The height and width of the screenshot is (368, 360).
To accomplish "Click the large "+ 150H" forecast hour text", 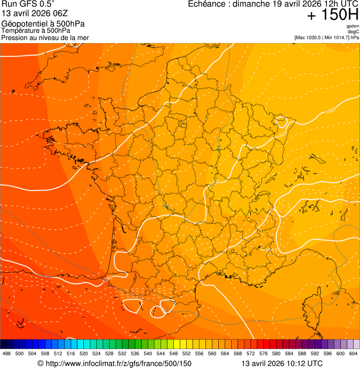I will pyautogui.click(x=332, y=15).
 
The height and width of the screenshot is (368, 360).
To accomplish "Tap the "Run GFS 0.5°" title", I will pyautogui.click(x=28, y=5).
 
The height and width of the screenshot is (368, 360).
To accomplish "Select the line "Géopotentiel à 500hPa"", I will pyautogui.click(x=43, y=24).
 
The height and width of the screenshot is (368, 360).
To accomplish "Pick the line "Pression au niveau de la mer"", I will pyautogui.click(x=45, y=37).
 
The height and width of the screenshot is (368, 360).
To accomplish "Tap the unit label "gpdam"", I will pyautogui.click(x=353, y=26).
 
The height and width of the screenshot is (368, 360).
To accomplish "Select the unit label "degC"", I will pyautogui.click(x=353, y=31).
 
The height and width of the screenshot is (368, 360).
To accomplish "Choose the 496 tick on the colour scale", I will pyautogui.click(x=7, y=354).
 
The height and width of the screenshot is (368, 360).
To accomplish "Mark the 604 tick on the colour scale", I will pyautogui.click(x=353, y=354).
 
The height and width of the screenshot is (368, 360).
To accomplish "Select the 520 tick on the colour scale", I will pyautogui.click(x=83, y=354).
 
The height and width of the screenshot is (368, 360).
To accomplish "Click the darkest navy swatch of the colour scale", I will pyautogui.click(x=4, y=344).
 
